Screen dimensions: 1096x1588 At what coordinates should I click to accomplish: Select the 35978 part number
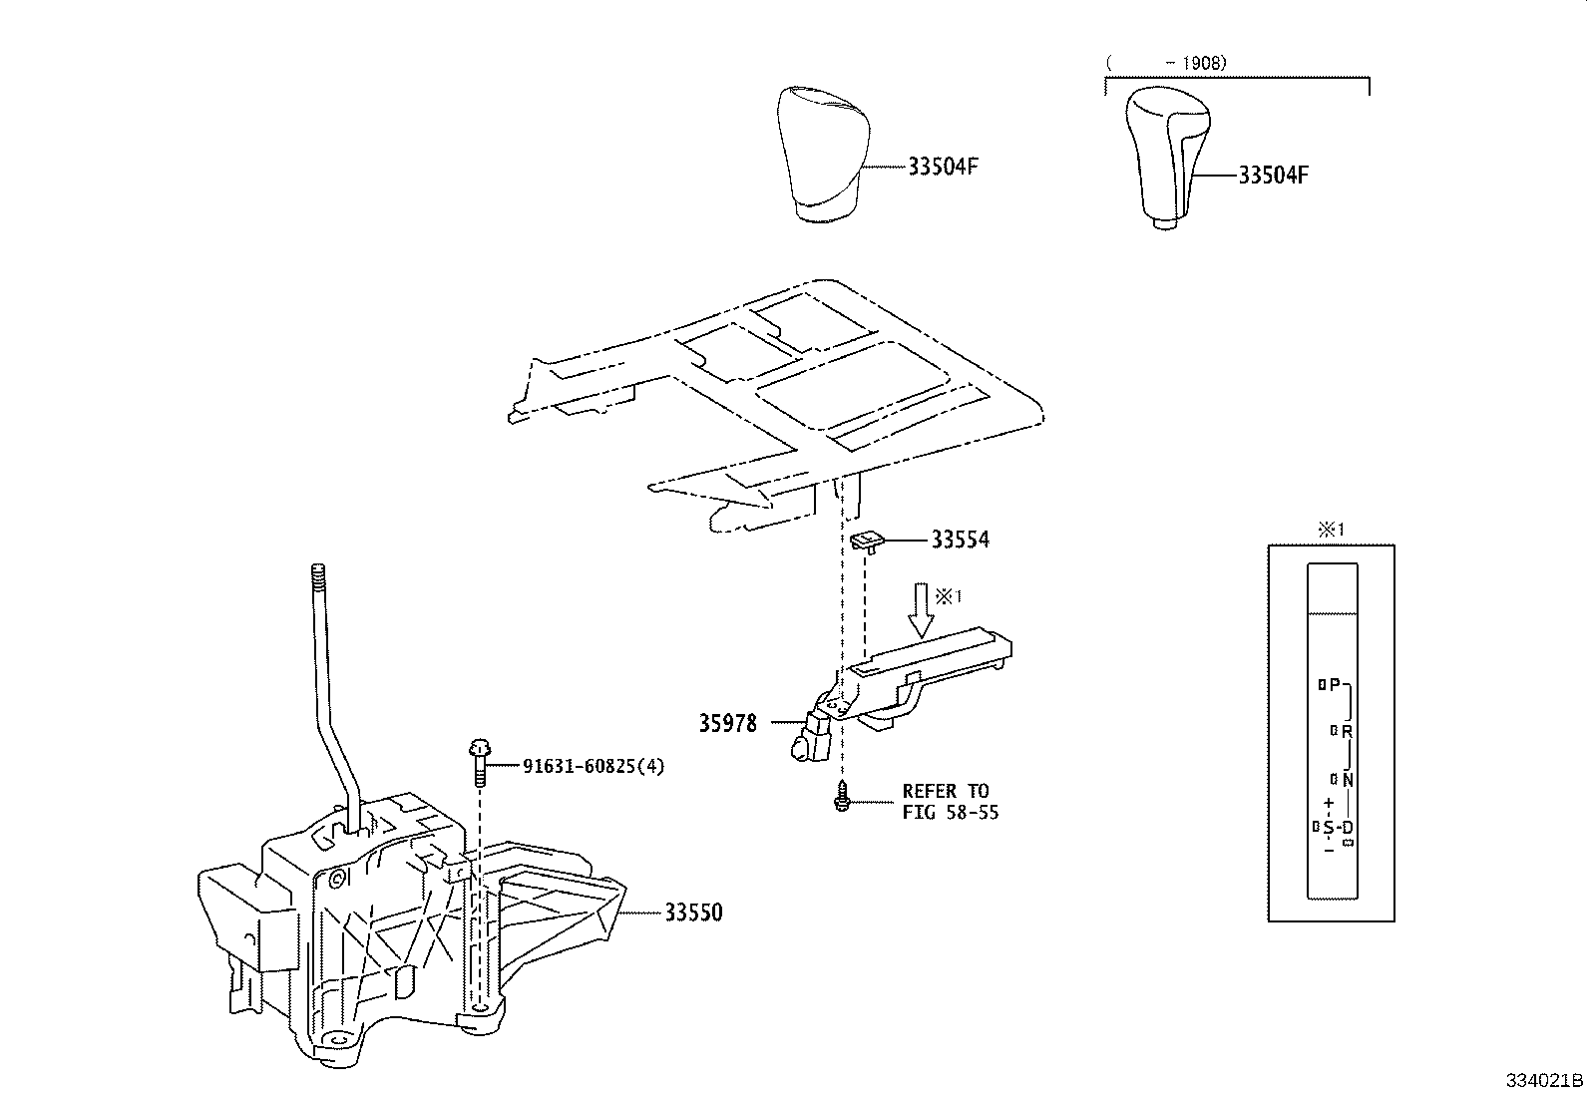(727, 723)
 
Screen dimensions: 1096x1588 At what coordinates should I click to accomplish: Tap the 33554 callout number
(960, 540)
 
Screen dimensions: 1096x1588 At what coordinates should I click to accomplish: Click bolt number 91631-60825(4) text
(594, 766)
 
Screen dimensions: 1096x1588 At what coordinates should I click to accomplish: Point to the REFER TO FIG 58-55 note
(950, 801)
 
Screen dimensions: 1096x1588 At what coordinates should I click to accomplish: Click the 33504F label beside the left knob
(943, 167)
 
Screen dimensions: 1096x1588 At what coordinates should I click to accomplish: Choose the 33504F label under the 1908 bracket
(1273, 176)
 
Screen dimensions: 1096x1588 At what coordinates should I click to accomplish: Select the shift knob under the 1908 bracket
(1167, 155)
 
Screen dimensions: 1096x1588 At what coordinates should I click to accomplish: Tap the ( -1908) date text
(1167, 63)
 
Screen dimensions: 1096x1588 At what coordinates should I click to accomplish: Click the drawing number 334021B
(1544, 1080)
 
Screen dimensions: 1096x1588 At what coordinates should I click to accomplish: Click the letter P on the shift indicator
(1335, 685)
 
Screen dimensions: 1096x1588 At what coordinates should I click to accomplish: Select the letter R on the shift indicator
(1346, 731)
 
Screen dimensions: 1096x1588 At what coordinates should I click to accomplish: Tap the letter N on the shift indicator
(1347, 779)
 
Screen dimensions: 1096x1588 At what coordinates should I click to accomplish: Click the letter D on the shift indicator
(1347, 828)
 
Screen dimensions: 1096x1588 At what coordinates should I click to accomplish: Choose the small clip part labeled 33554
(867, 540)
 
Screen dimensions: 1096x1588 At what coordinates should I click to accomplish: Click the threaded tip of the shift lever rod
(319, 577)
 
